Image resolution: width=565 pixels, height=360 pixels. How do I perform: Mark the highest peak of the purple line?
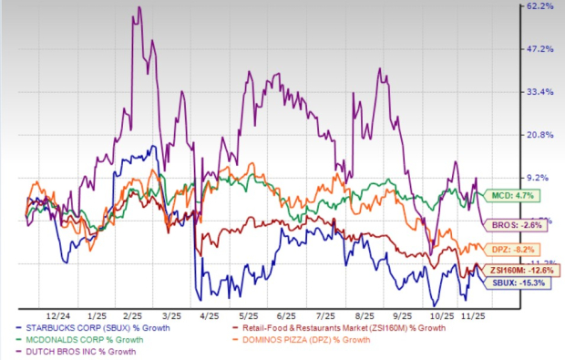pos(139,7)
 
